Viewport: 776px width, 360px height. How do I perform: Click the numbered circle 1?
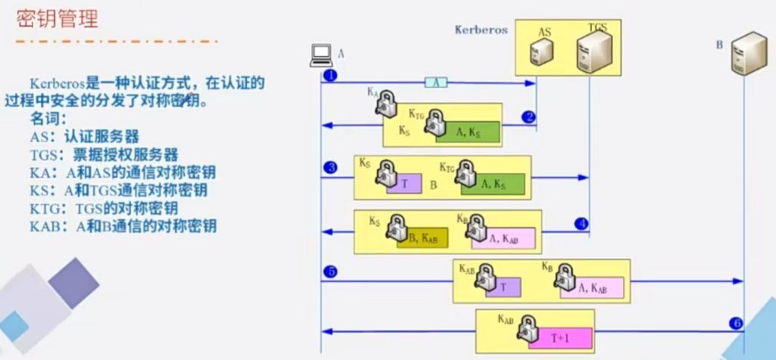point(330,76)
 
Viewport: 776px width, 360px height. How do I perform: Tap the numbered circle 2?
point(528,117)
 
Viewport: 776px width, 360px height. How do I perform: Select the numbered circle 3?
point(330,167)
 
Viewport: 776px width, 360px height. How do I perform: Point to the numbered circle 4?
point(581,224)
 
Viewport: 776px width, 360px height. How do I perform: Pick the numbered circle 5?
point(330,271)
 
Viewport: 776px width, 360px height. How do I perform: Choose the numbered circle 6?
point(736,323)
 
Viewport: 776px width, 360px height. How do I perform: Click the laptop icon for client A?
point(321,55)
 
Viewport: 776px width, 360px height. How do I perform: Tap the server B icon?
point(746,54)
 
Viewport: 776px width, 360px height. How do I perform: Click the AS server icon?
point(542,52)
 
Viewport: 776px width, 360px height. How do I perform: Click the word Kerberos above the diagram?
point(481,30)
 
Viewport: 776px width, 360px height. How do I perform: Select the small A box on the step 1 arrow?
point(436,83)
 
